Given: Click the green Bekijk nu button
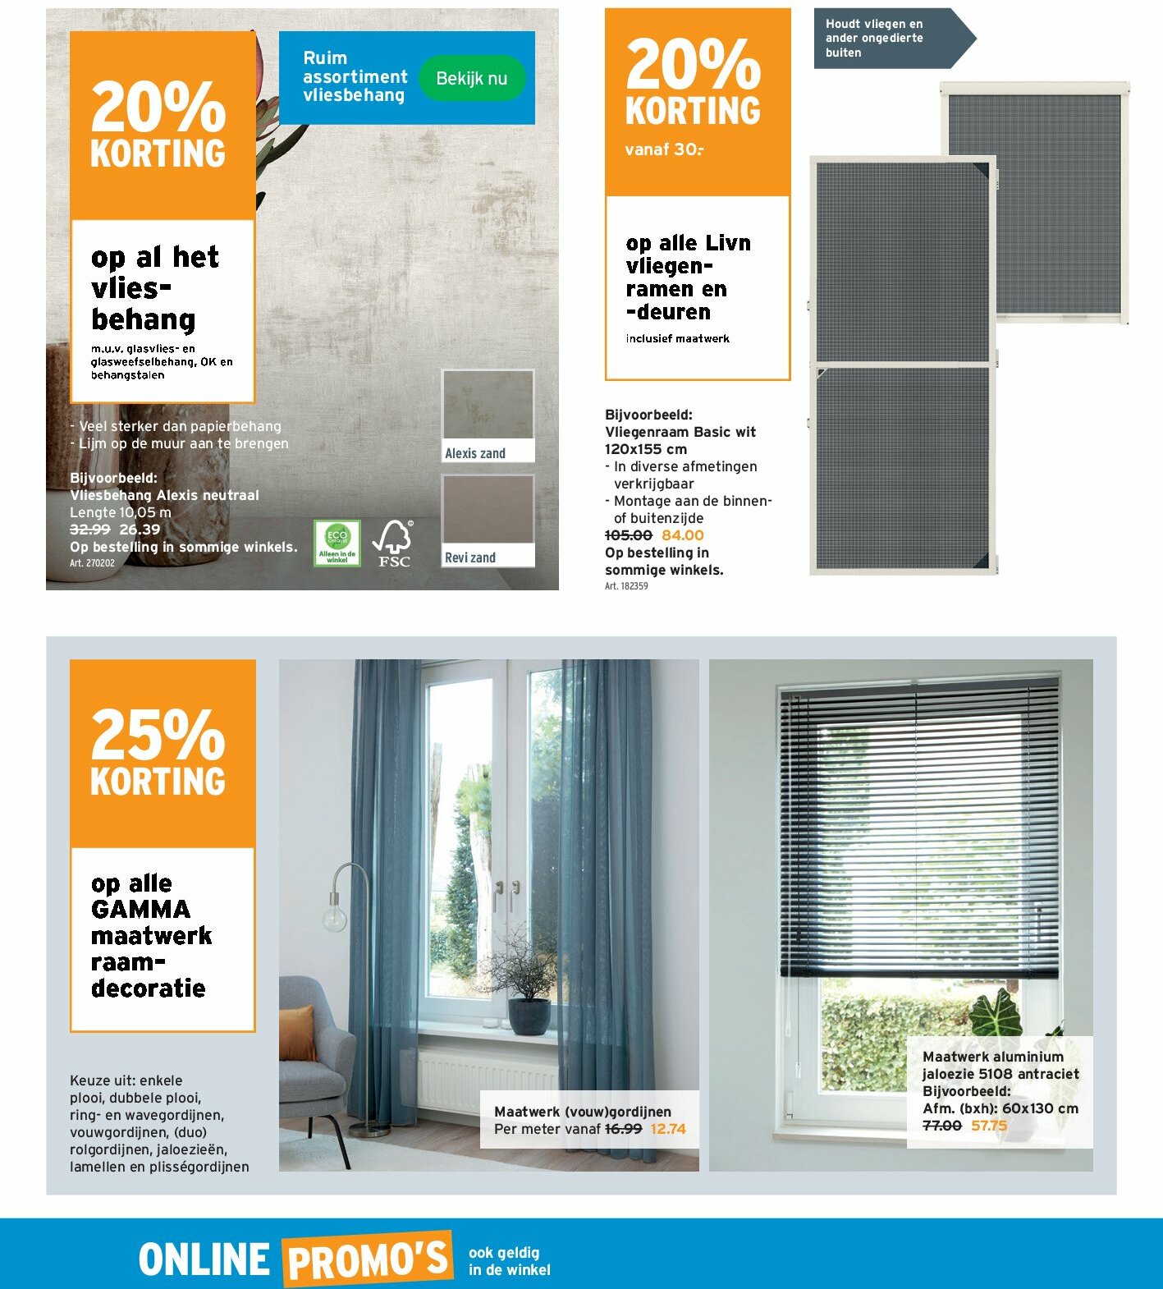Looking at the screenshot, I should pyautogui.click(x=471, y=79).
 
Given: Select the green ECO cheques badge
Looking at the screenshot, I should pyautogui.click(x=337, y=543).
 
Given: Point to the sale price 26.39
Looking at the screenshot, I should pyautogui.click(x=140, y=530).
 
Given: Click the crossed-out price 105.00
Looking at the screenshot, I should pyautogui.click(x=628, y=535).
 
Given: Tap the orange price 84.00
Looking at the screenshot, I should pyautogui.click(x=682, y=535).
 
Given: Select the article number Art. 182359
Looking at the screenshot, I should pyautogui.click(x=626, y=586).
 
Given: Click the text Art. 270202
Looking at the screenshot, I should pyautogui.click(x=92, y=563).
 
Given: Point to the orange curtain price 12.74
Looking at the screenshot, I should pyautogui.click(x=667, y=1129).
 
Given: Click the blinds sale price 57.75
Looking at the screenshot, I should pyautogui.click(x=988, y=1126).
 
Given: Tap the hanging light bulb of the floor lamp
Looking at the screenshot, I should pyautogui.click(x=334, y=919).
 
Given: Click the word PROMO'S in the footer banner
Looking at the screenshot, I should pyautogui.click(x=368, y=1259).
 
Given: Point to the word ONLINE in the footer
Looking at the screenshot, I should pyautogui.click(x=204, y=1259).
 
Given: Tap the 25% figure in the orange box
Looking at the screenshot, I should pyautogui.click(x=158, y=734).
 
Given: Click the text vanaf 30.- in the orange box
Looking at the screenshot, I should pyautogui.click(x=664, y=149).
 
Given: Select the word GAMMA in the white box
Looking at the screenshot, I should pyautogui.click(x=140, y=910).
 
